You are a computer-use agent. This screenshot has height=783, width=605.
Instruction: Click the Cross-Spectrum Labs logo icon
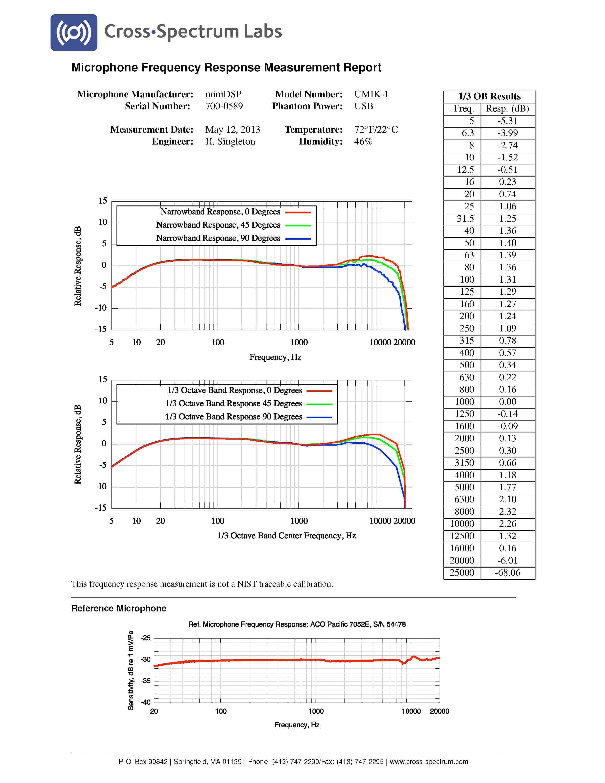(74, 33)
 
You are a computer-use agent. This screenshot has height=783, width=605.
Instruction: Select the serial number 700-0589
(224, 106)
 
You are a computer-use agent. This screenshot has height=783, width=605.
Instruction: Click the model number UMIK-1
(371, 94)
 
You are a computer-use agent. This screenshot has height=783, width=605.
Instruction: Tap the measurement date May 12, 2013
(233, 130)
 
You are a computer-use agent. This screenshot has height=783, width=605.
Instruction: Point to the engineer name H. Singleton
(230, 142)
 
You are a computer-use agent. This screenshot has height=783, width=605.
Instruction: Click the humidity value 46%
(363, 142)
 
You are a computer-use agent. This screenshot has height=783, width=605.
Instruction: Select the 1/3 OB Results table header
(489, 96)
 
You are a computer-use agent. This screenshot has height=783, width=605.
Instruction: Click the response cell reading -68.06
(507, 573)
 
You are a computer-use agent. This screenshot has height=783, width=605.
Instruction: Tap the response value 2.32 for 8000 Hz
(507, 512)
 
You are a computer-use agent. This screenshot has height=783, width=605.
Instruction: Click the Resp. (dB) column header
(507, 109)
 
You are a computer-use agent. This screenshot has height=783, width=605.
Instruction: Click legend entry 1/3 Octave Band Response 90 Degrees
(234, 417)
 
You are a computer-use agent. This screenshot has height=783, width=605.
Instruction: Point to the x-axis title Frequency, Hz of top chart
(275, 357)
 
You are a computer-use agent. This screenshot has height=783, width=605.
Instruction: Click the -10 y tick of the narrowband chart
(101, 308)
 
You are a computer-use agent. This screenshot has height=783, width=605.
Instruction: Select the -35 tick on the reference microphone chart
(145, 680)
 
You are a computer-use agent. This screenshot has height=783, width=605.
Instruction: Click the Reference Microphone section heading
(119, 608)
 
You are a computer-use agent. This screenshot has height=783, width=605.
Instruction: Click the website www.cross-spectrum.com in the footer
(429, 761)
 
